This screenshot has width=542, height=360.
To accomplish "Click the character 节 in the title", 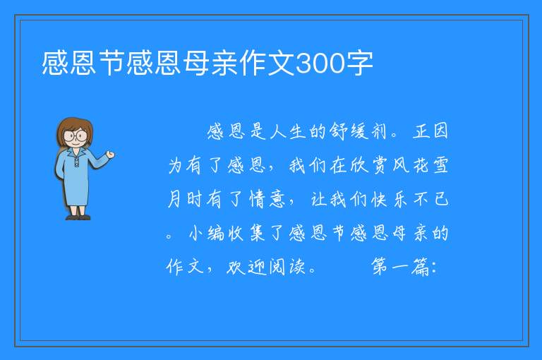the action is tap(112, 63).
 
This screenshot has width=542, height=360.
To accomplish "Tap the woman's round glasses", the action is tap(76, 136).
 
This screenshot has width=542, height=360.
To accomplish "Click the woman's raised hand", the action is tap(110, 155).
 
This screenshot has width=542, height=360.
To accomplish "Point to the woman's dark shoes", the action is tap(78, 217).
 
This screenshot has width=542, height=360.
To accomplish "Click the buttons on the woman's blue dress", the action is tap(76, 162).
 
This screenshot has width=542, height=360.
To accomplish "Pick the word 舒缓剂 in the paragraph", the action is tap(358, 131).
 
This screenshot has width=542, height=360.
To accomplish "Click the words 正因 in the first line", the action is tap(430, 131).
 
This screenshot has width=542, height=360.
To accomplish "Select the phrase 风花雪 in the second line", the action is tap(421, 165).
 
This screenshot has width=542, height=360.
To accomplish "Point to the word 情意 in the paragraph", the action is tap(267, 199).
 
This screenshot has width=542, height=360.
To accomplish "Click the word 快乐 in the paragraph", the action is tap(390, 199).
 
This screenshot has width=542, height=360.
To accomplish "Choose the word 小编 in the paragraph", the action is tap(207, 233).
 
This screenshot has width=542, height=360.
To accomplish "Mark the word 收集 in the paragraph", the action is tap(247, 233).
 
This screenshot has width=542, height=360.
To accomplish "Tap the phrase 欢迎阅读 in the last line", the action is tap(266, 267).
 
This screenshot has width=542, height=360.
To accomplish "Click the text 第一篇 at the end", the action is tap(400, 267).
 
